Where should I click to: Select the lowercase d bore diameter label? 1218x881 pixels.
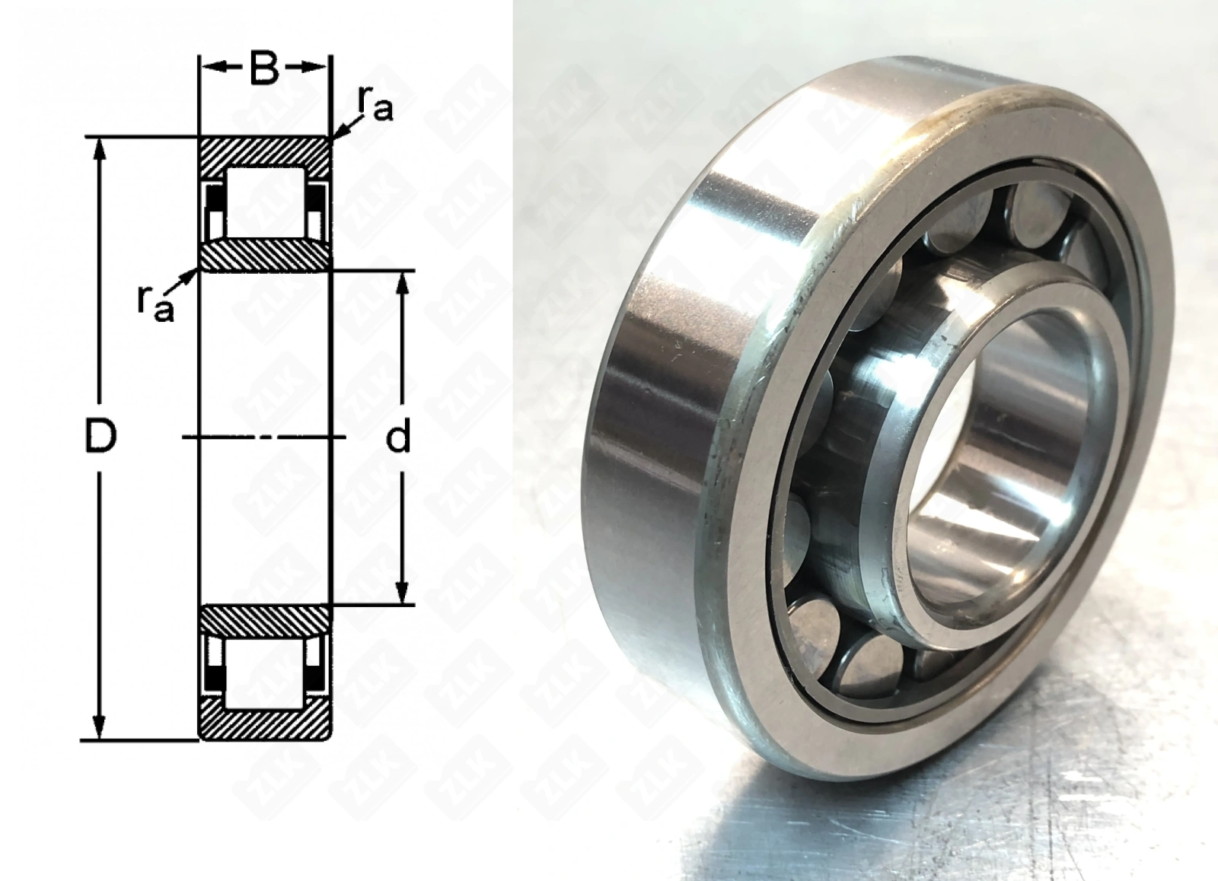398,437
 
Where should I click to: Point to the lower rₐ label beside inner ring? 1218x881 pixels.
155,304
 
